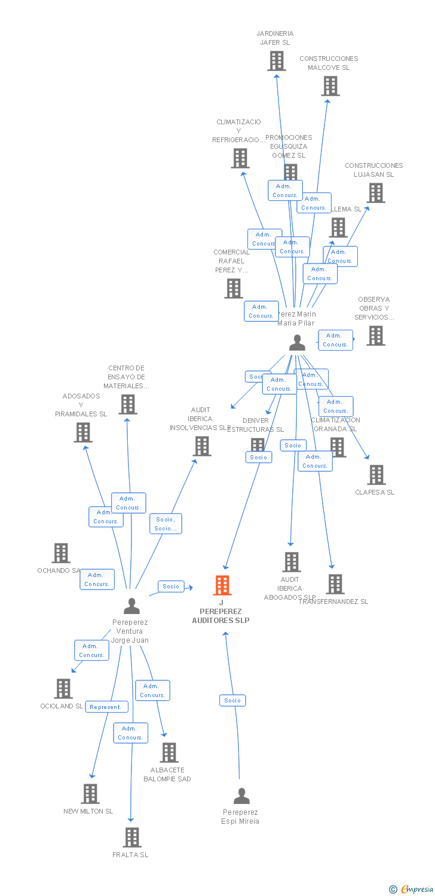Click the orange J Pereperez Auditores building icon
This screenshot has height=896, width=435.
click(222, 585)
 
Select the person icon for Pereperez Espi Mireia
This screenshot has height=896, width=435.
click(241, 796)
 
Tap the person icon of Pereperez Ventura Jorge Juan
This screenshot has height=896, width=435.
click(131, 606)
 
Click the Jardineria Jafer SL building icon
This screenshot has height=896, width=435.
click(276, 61)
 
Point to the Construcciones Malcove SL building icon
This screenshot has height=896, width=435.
click(330, 86)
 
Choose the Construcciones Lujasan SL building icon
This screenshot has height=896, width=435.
click(375, 193)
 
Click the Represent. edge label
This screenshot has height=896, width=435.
click(106, 707)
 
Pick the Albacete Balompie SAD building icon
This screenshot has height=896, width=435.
click(169, 753)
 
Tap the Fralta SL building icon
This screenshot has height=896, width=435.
click(132, 837)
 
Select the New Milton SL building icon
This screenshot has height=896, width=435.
click(90, 794)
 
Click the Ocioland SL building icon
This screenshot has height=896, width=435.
click(63, 689)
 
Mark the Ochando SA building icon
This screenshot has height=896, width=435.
click(61, 553)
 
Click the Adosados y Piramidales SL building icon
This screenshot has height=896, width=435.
click(83, 432)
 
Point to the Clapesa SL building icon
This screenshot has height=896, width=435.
click(376, 475)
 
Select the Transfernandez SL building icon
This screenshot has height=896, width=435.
click(335, 584)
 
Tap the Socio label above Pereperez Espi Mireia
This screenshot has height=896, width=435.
click(232, 701)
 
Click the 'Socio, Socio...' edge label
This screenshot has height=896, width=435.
click(166, 524)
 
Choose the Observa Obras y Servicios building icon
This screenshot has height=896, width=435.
click(375, 336)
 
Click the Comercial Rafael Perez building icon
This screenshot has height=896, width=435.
click(233, 289)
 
